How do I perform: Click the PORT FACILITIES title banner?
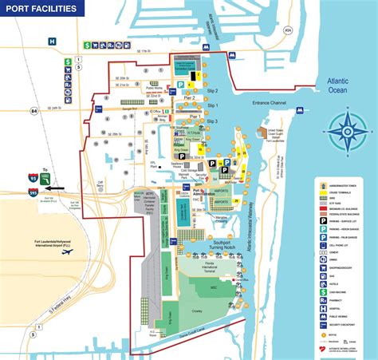coord(43,10)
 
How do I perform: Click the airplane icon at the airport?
coord(68,252)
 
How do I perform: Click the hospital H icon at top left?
coord(52,41)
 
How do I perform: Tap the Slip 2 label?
coord(211,91)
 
